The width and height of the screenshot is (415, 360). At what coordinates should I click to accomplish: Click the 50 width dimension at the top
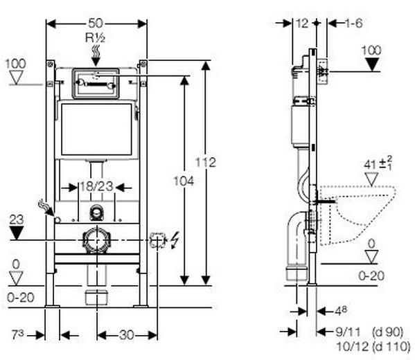[x=96, y=24]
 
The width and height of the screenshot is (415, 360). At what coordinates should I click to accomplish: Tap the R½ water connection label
[x=96, y=38]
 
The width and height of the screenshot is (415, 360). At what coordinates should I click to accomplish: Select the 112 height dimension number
[x=206, y=162]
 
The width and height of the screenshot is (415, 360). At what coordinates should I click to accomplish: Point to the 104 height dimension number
[x=184, y=181]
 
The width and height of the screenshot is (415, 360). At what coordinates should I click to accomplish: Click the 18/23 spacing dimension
[x=96, y=186]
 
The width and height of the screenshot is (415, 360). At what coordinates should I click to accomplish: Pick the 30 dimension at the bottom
[x=127, y=335]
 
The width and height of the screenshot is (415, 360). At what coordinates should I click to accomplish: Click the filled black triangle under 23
[x=17, y=233]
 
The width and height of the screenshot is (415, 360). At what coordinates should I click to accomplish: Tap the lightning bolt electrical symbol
[x=175, y=240]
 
